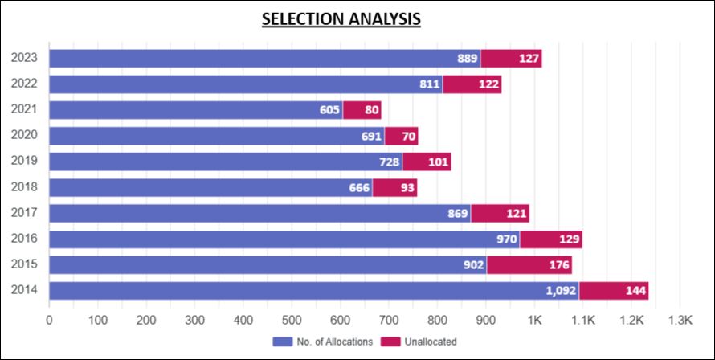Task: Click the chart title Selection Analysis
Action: (x=341, y=18)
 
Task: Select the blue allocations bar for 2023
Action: (x=265, y=59)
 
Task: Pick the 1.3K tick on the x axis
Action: (x=680, y=320)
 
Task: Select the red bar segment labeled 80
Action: (x=362, y=110)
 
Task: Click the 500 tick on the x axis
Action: (x=292, y=320)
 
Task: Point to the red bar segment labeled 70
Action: (x=402, y=136)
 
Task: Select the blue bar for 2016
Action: (x=284, y=239)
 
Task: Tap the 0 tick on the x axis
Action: (x=50, y=320)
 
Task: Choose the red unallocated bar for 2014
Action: (x=614, y=291)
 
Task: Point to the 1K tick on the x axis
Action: (x=534, y=320)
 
